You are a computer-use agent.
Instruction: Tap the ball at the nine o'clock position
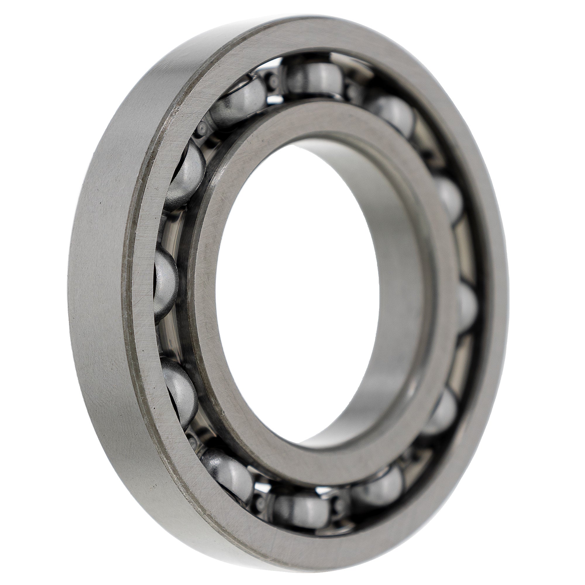(x=165, y=285)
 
